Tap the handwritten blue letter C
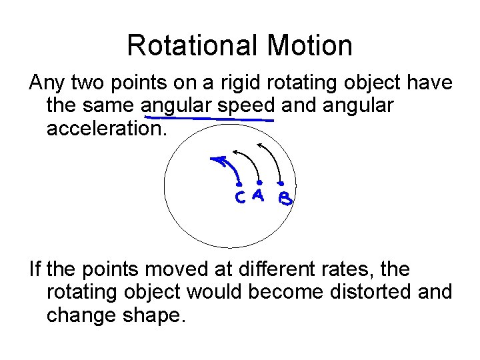(239, 198)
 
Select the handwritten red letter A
(259, 196)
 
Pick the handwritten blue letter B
(285, 199)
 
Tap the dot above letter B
(282, 183)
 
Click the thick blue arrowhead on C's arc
(217, 159)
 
